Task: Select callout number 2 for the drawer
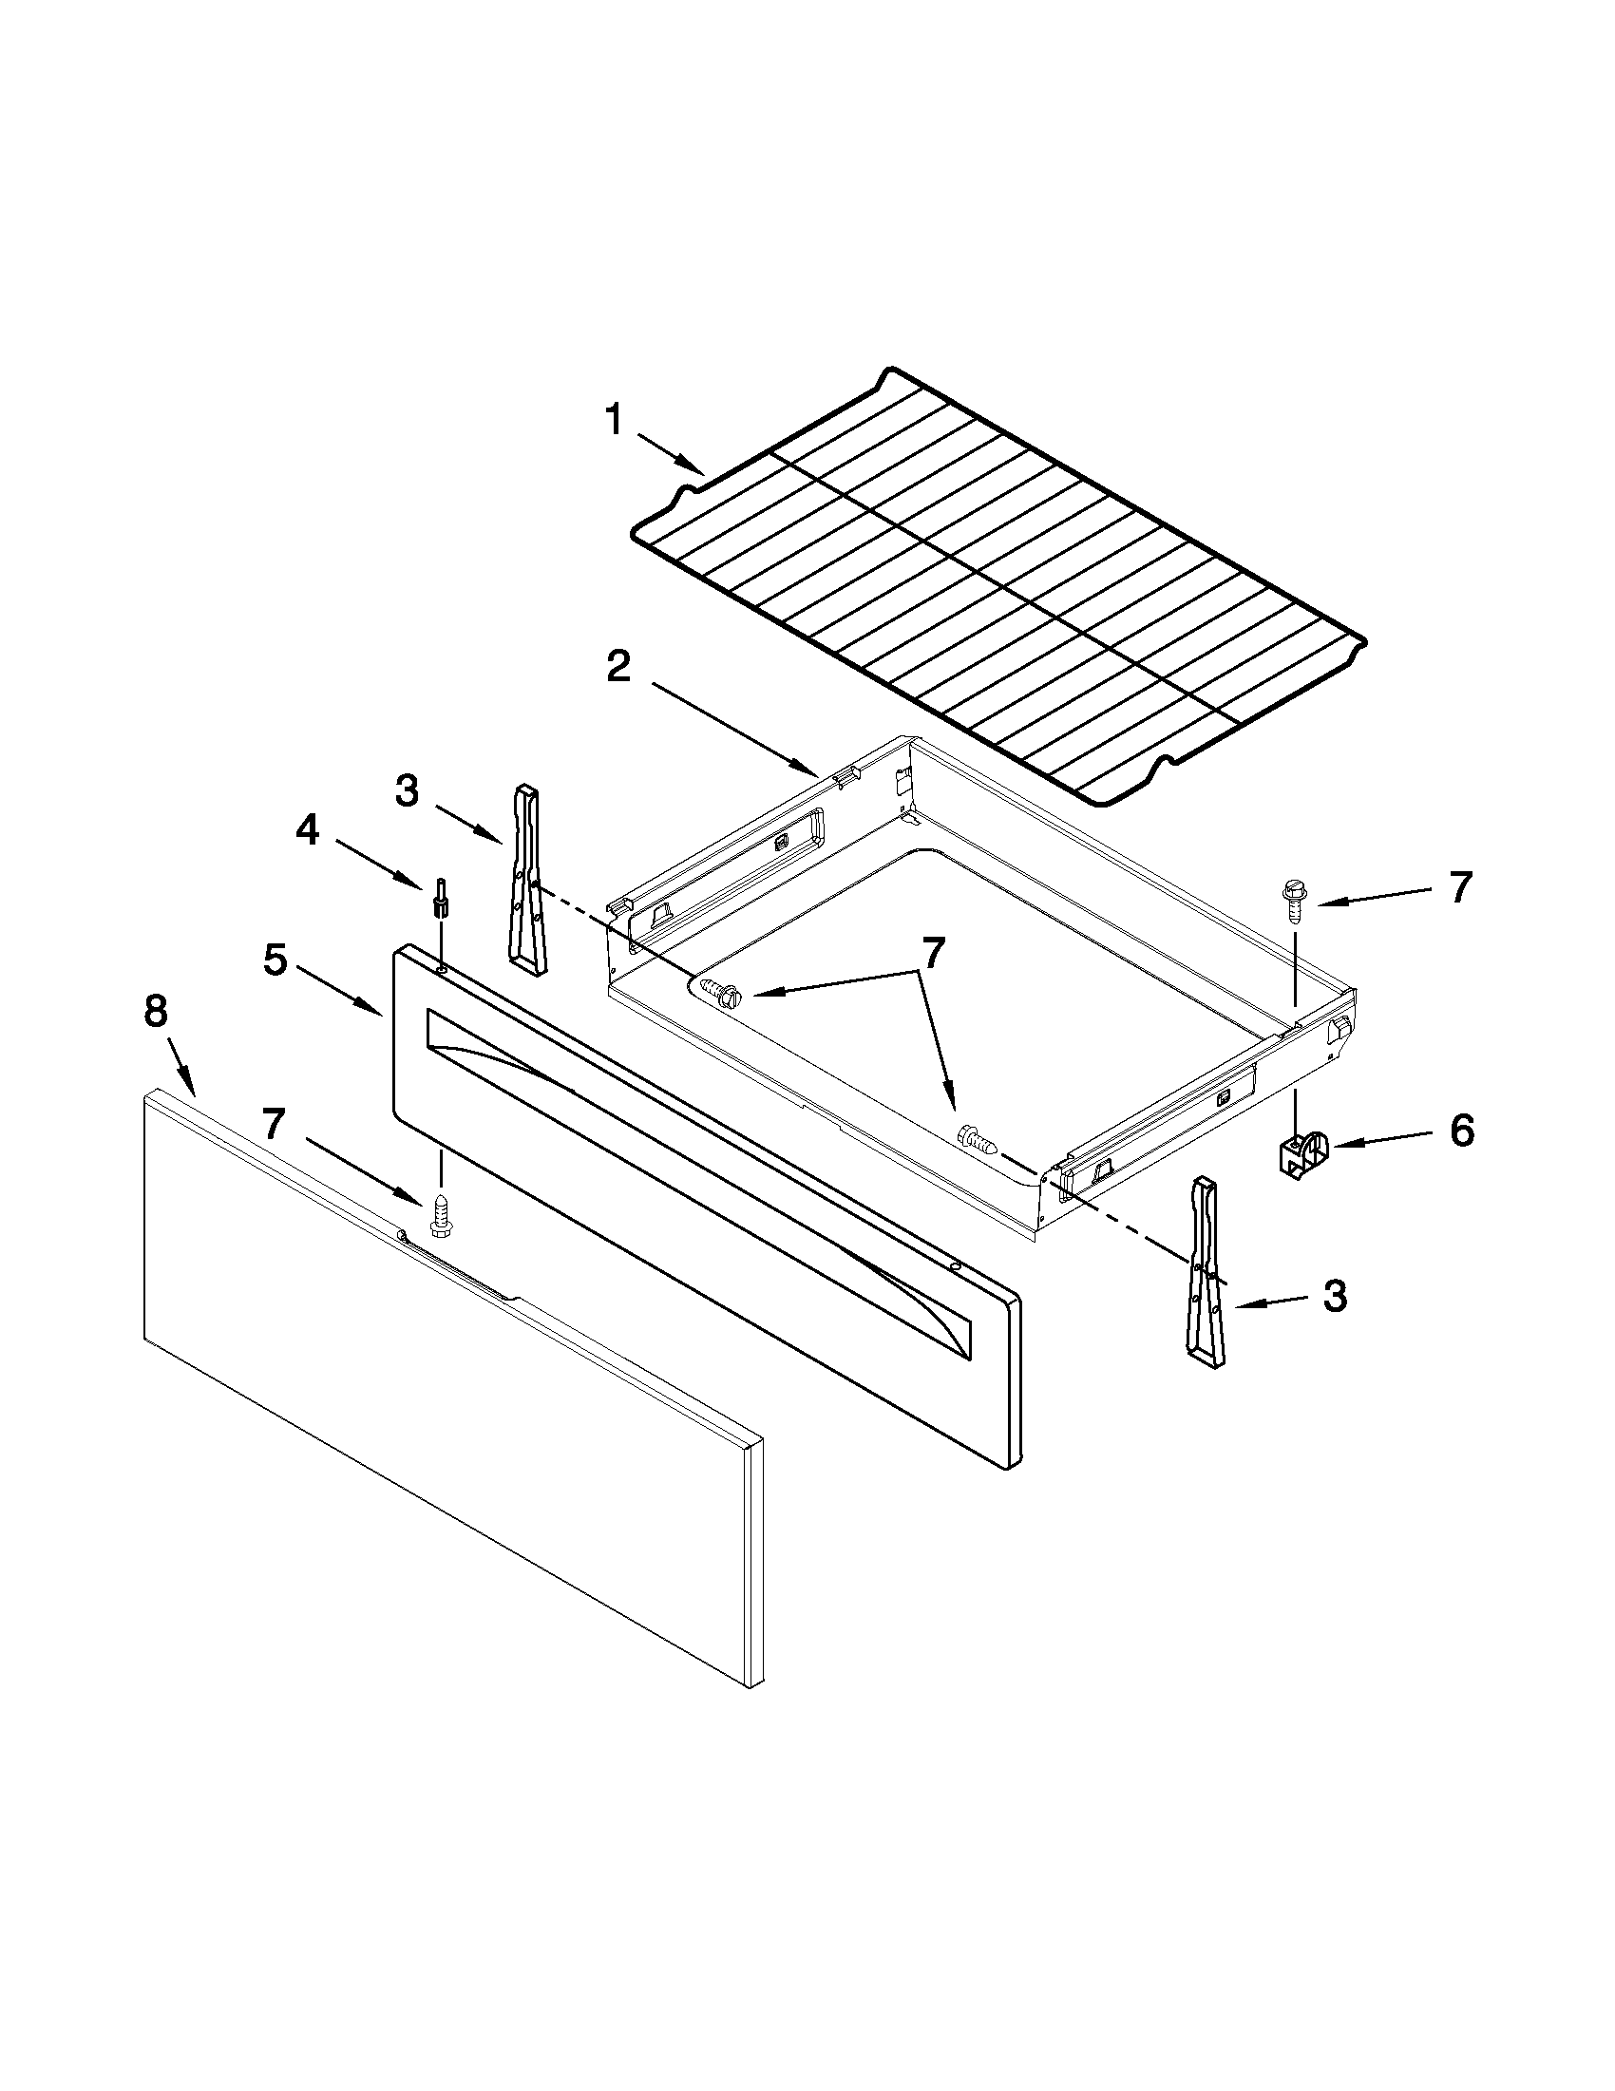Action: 618,666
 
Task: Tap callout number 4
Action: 306,831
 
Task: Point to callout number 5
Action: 275,960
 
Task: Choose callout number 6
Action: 1461,1131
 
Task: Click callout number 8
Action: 155,1012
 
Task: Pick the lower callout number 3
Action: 1335,1297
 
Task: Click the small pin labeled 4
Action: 442,896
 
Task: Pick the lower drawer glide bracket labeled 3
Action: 1206,1267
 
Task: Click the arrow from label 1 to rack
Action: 671,454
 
